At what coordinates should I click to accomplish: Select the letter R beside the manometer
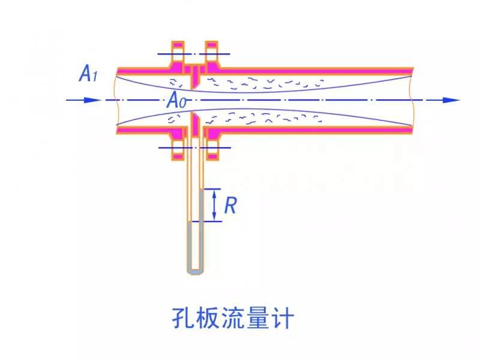click(x=230, y=205)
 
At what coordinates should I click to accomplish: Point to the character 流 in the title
click(x=236, y=317)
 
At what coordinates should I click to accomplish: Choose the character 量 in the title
click(x=263, y=317)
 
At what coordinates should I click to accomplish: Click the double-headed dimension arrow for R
click(x=216, y=205)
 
